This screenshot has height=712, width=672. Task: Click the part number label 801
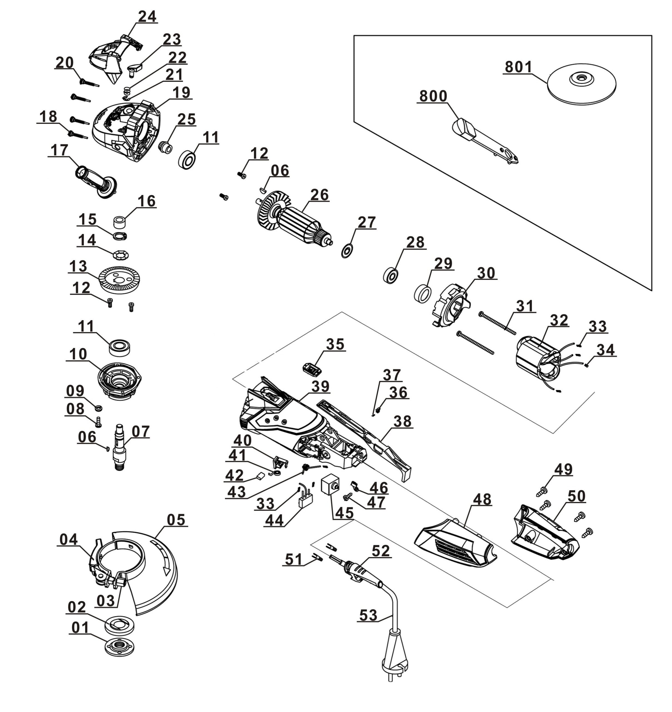tap(519, 67)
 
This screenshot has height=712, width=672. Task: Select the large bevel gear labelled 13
tap(119, 279)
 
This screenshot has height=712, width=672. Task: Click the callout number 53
tap(368, 615)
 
